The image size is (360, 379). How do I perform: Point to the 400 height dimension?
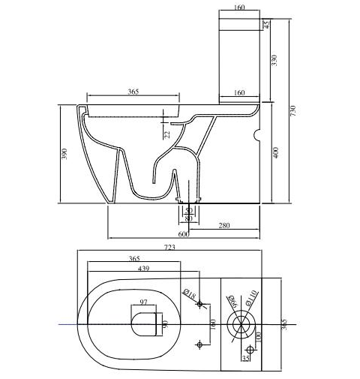(x=276, y=153)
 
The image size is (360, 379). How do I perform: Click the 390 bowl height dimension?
(x=65, y=154)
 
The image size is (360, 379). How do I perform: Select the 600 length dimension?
(x=183, y=234)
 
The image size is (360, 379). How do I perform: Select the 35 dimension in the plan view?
(x=246, y=358)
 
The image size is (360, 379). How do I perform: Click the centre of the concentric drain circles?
(x=242, y=324)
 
